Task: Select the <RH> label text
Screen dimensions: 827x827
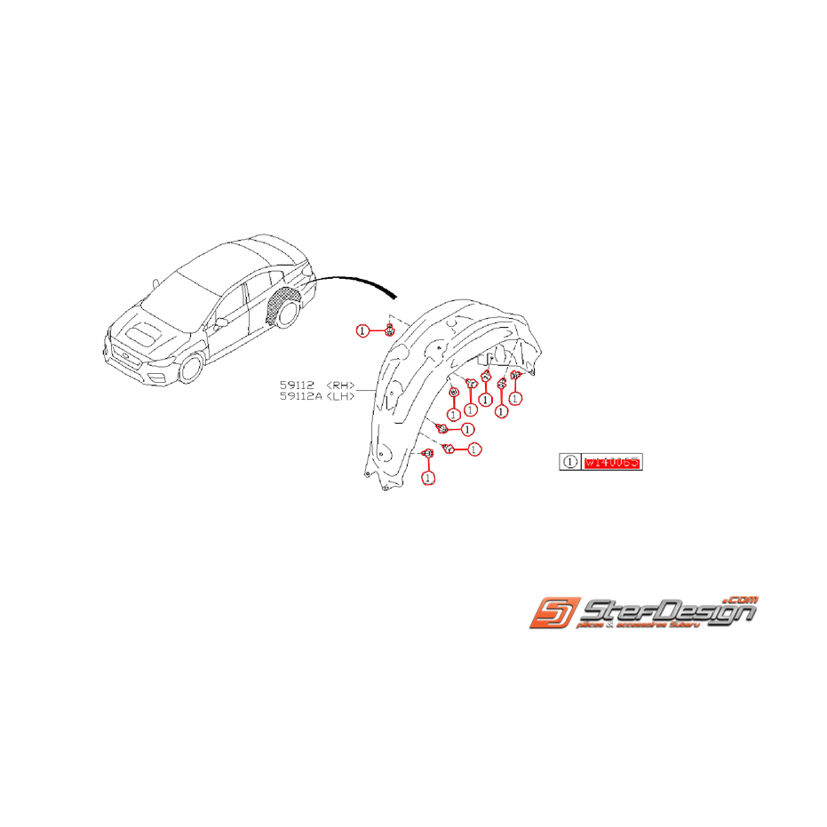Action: [340, 385]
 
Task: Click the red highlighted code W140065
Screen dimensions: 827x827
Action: [612, 463]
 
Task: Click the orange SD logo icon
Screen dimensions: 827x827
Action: [554, 613]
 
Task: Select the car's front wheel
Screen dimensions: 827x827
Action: [192, 367]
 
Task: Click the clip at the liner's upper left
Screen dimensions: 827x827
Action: [390, 330]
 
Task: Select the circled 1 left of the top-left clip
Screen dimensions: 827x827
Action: [362, 330]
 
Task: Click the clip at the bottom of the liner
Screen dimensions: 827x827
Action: [428, 455]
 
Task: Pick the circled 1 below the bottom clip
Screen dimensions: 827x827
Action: [428, 478]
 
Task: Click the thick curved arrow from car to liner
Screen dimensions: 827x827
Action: [355, 282]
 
